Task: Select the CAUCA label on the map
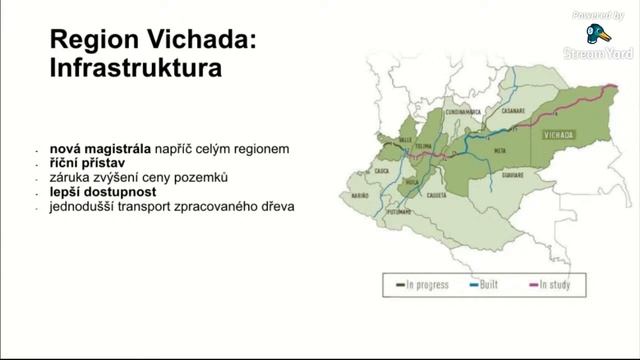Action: click(x=382, y=171)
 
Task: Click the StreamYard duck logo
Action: click(x=598, y=33)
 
